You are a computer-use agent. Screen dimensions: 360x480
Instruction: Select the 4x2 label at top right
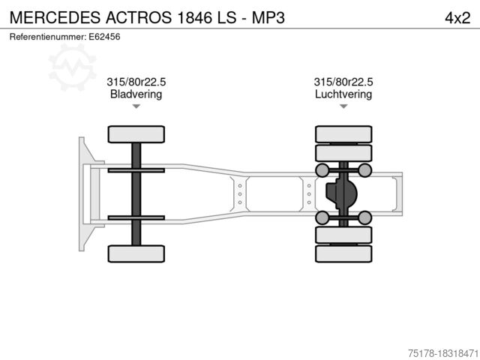(x=457, y=16)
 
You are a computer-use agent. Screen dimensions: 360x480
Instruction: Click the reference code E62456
(x=104, y=36)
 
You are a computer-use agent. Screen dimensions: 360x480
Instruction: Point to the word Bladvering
(x=136, y=94)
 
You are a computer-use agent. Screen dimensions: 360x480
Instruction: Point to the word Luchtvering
(x=343, y=94)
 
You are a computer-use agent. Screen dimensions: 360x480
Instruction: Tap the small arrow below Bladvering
(x=136, y=106)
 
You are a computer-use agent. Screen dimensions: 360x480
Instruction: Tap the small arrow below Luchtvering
(x=343, y=106)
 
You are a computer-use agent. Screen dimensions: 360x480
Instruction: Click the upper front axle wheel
(x=136, y=134)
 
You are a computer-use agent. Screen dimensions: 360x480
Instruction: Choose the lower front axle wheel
(x=136, y=253)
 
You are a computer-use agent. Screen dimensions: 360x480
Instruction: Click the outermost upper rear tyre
(x=343, y=134)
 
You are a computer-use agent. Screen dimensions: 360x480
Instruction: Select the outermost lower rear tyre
(x=343, y=254)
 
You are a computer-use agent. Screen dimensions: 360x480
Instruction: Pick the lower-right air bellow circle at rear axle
(x=365, y=217)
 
